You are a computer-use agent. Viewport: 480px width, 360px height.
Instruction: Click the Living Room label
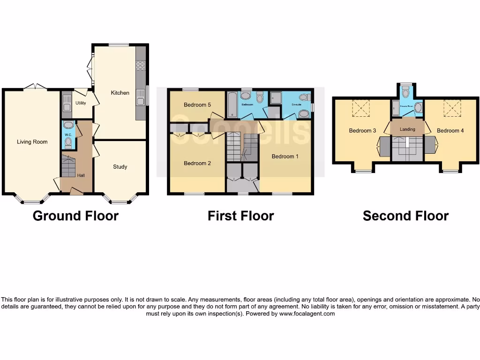point(32,142)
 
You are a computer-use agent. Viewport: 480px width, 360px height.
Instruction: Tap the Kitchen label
point(120,93)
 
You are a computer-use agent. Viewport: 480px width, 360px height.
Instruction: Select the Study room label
point(120,166)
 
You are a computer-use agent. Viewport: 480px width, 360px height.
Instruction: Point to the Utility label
point(81,103)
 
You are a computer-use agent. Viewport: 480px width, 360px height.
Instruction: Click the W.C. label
point(67,134)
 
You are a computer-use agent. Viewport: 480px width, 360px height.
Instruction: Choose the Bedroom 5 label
point(197,105)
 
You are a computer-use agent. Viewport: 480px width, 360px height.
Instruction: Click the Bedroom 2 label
point(197,163)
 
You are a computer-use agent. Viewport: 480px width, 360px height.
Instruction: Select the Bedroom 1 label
point(285,157)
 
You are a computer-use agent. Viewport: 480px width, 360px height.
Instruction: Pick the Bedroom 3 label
point(363,131)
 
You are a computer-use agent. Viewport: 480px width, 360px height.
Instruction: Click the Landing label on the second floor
point(407,129)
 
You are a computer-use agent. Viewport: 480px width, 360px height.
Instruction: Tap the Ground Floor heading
point(75,216)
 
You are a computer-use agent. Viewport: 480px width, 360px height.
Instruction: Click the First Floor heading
point(241,216)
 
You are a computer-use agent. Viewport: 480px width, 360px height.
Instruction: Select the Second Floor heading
point(405,216)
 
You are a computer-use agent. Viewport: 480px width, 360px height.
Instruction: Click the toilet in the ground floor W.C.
point(68,142)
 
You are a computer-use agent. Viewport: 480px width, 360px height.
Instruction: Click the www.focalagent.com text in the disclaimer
point(307,314)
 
